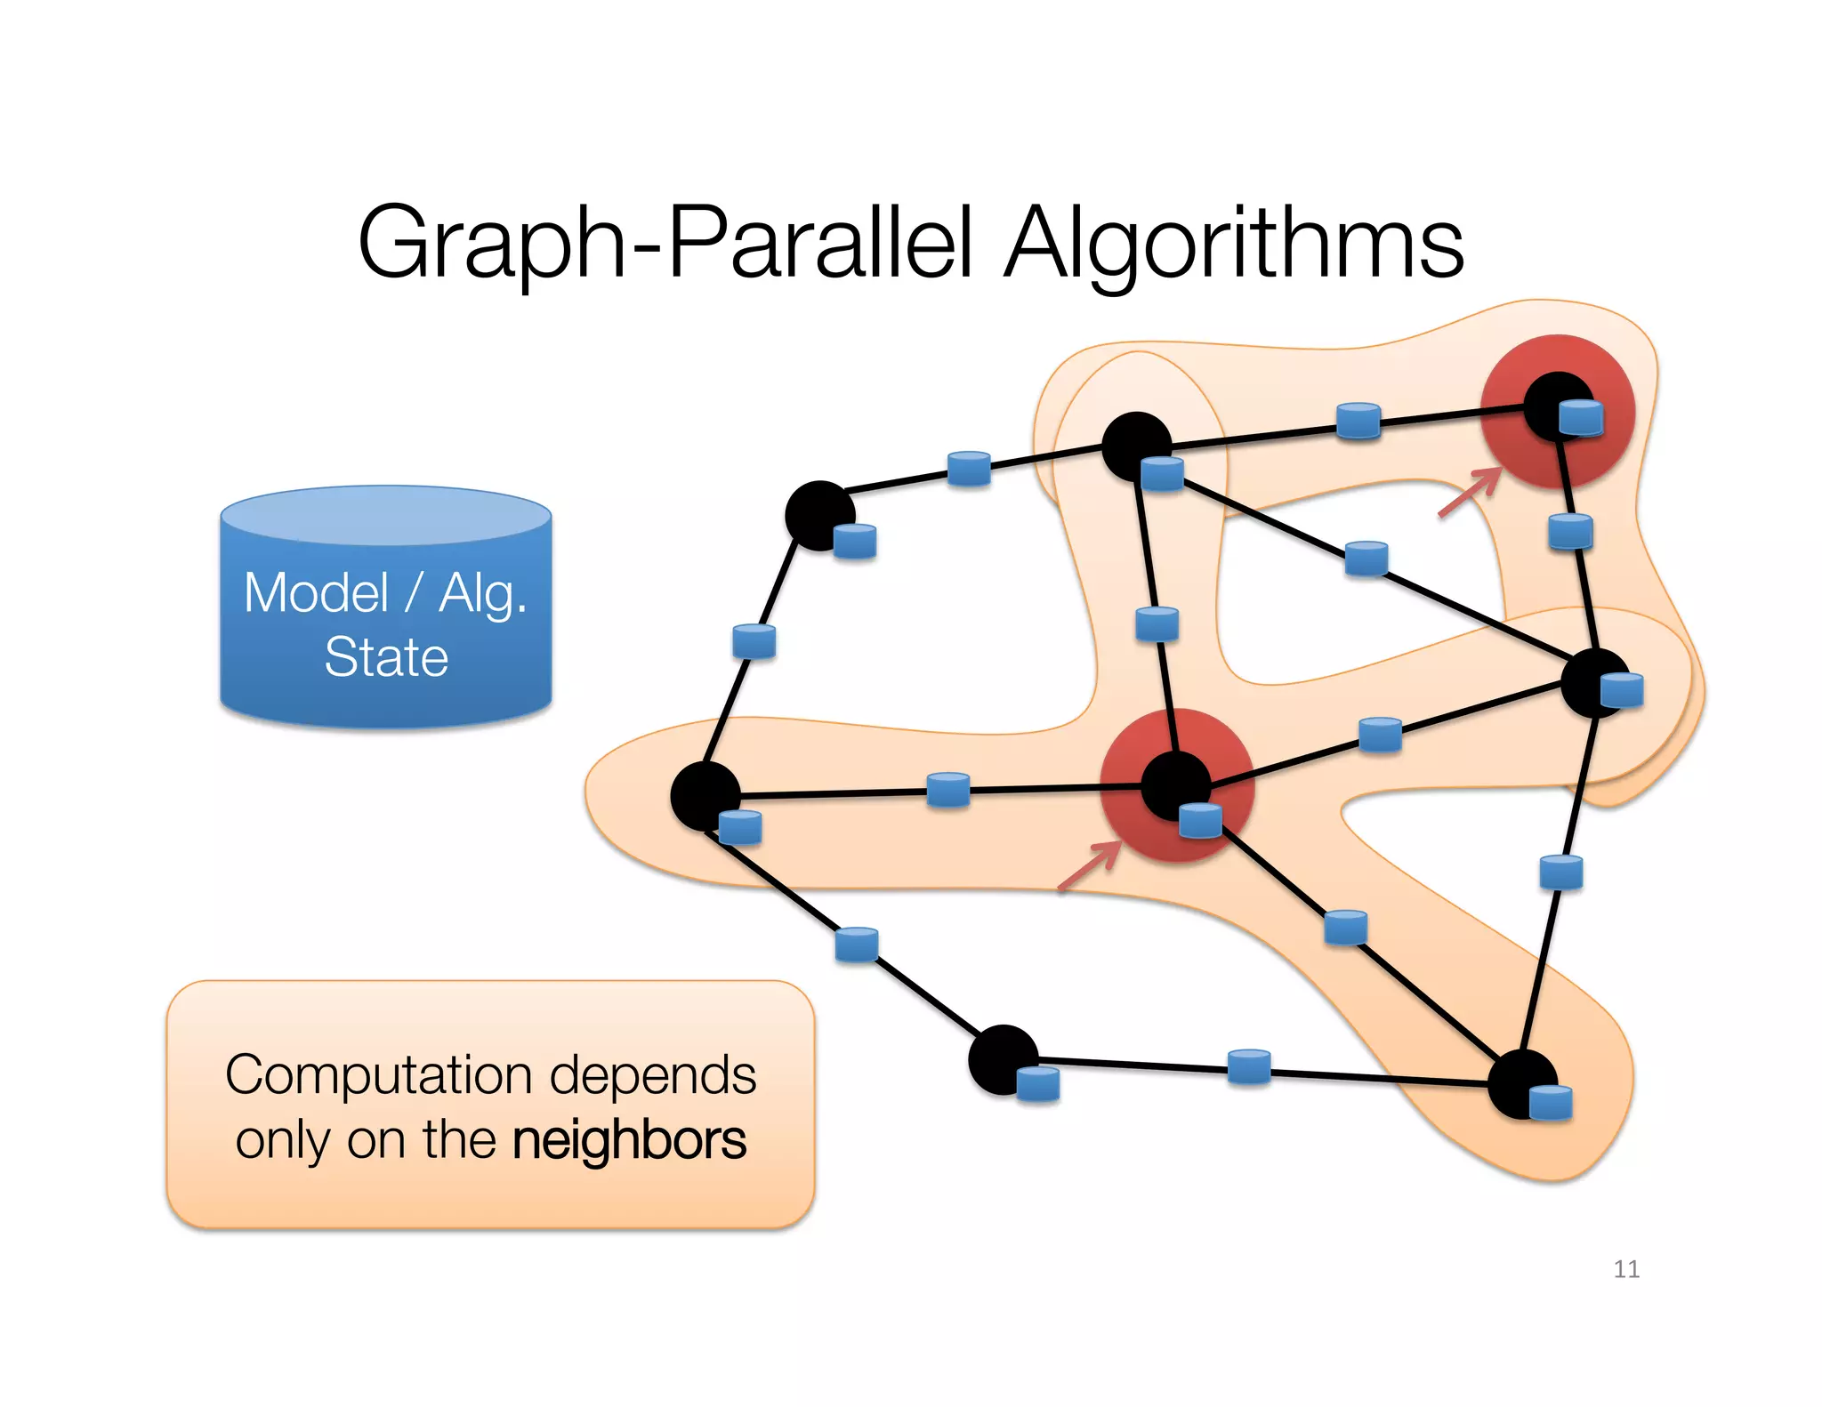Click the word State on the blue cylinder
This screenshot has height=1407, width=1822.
coord(386,657)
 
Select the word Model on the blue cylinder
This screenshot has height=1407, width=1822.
coord(317,593)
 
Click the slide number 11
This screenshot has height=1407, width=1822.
coord(1626,1269)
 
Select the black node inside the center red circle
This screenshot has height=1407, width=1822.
coord(1173,784)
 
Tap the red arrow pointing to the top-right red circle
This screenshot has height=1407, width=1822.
coord(1469,493)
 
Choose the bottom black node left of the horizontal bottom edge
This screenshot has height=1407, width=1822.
coord(1002,1057)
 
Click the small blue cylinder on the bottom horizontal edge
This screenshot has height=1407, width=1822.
coord(1248,1066)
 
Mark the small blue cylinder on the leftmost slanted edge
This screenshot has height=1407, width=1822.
coord(754,640)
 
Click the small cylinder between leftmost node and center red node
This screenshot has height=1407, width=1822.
coord(947,789)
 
